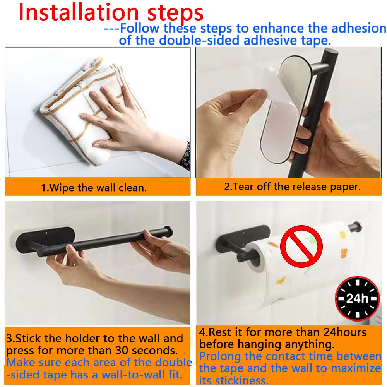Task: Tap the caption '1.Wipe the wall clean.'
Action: [94, 188]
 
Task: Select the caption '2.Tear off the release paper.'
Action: [292, 187]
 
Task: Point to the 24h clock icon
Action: [357, 298]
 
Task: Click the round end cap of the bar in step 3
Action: [168, 233]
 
